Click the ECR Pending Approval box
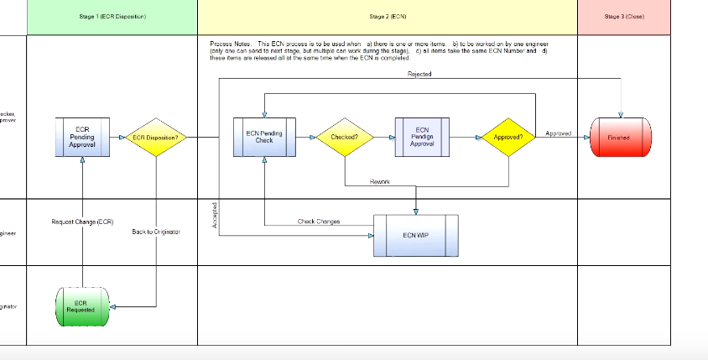(x=82, y=137)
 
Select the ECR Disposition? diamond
(x=156, y=137)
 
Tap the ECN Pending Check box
(x=264, y=137)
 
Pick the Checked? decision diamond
(x=345, y=137)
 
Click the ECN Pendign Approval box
(x=422, y=137)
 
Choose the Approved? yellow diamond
(x=508, y=137)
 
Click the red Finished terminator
(x=619, y=137)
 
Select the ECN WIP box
(x=415, y=235)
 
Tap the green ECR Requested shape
(x=81, y=307)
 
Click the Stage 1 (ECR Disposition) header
(x=112, y=17)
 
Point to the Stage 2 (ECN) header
(x=388, y=17)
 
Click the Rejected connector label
(x=419, y=75)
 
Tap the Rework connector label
(x=379, y=181)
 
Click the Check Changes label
(x=319, y=222)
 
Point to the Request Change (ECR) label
(x=82, y=222)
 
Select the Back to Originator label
(x=156, y=232)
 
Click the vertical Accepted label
(x=215, y=216)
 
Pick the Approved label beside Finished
(x=558, y=133)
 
